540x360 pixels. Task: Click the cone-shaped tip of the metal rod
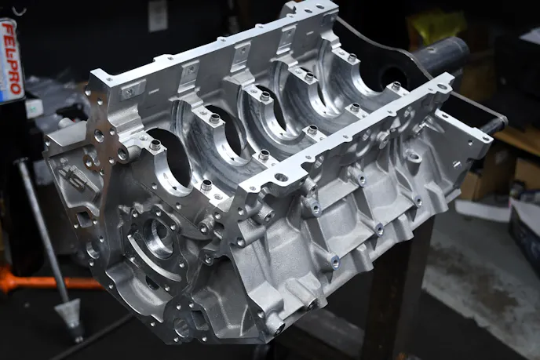pyautogui.click(x=70, y=319)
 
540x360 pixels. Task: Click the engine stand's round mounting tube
pyautogui.click(x=441, y=54)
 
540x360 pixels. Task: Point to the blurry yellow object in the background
pyautogui.click(x=435, y=24)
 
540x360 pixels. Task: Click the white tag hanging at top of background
pyautogui.click(x=158, y=16)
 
